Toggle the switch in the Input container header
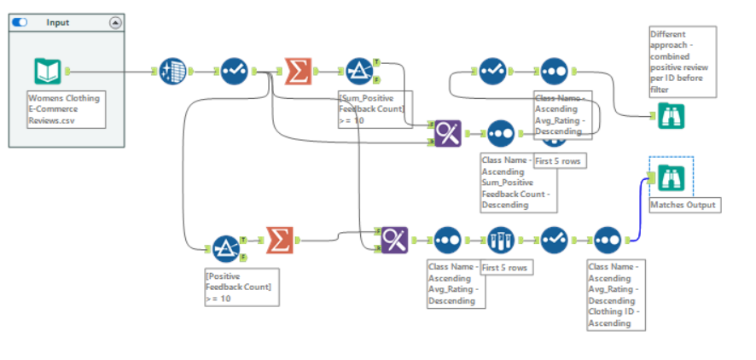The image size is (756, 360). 20,22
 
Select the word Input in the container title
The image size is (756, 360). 58,22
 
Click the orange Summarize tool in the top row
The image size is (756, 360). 296,72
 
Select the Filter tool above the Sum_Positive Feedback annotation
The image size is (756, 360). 358,72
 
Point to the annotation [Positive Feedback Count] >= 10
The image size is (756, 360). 240,287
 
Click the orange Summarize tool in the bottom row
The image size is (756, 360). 279,241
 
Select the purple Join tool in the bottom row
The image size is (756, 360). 393,241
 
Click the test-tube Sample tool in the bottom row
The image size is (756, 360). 500,241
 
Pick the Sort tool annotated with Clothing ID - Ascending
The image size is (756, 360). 607,241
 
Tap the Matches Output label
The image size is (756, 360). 683,206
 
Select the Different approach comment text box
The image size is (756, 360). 681,61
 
